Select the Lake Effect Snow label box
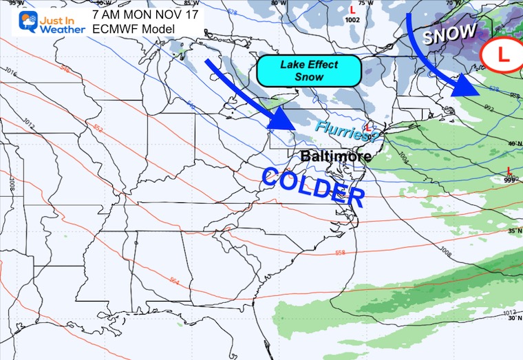(x=309, y=71)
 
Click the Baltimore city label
(x=336, y=156)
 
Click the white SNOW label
(x=449, y=34)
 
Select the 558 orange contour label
(x=339, y=253)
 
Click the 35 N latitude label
(x=513, y=231)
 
